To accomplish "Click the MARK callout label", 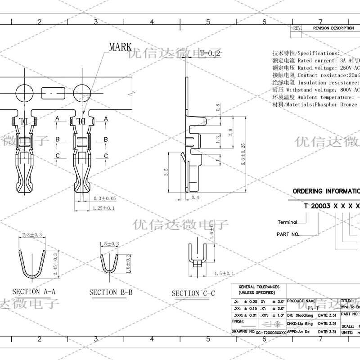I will (x=120, y=47).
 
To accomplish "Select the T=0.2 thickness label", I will (x=210, y=54).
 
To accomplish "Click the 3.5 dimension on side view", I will (x=166, y=171).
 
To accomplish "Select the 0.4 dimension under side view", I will (x=195, y=198).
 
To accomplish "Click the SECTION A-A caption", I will (x=34, y=292).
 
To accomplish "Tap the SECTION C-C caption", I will (x=193, y=294).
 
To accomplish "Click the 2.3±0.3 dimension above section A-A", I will (x=31, y=235).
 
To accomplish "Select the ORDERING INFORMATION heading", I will (x=326, y=191).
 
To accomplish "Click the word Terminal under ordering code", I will (x=287, y=222).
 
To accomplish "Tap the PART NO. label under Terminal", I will (x=288, y=234).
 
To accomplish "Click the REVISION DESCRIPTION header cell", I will (x=333, y=28).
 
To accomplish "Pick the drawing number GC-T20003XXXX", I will (x=270, y=332).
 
